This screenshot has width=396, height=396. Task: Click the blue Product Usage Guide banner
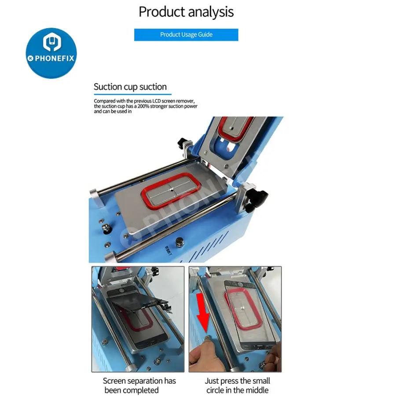click(x=186, y=35)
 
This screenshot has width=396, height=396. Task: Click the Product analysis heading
click(x=186, y=12)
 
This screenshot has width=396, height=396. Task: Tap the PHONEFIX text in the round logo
click(x=54, y=59)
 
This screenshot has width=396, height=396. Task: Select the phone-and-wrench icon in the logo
click(x=52, y=42)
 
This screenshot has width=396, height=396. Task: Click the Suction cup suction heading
click(x=130, y=87)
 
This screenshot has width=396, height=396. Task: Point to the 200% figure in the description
click(x=143, y=106)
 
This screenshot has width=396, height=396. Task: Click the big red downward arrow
click(x=203, y=312)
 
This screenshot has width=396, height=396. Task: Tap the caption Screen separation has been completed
click(x=139, y=385)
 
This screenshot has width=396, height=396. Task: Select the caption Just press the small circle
click(x=238, y=385)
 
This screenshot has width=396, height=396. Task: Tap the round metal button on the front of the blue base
click(x=180, y=242)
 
